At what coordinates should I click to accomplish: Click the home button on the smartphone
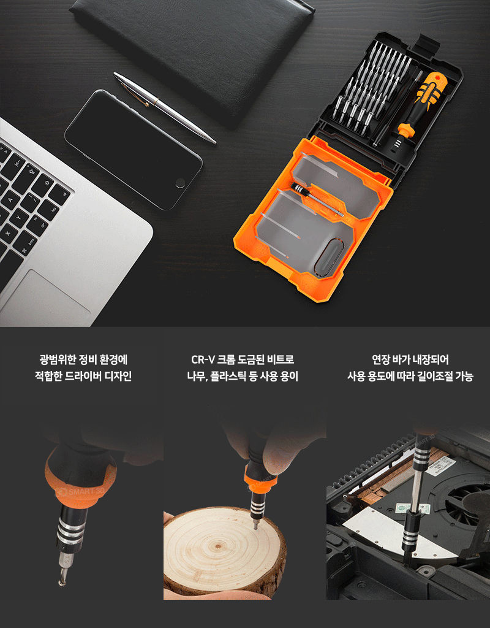coord(181,183)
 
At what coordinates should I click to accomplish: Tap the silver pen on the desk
coord(165,107)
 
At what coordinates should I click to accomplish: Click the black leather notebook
coord(192,56)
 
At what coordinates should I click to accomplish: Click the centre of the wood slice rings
coord(218,545)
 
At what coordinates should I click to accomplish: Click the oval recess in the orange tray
coord(328,258)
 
